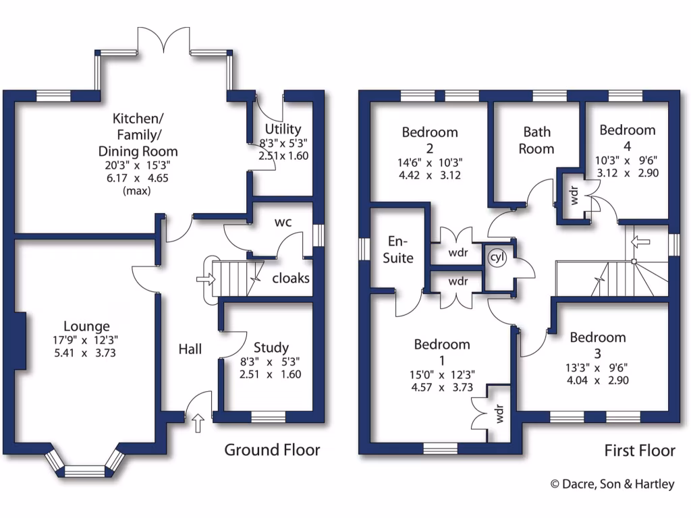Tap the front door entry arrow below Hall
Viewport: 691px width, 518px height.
pyautogui.click(x=198, y=424)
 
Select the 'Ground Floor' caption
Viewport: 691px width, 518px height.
pyautogui.click(x=272, y=449)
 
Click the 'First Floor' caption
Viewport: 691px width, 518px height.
pyautogui.click(x=639, y=450)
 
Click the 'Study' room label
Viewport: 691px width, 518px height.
pyautogui.click(x=271, y=347)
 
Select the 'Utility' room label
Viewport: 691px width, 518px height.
pyautogui.click(x=283, y=129)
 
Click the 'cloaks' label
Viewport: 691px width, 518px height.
pyautogui.click(x=291, y=278)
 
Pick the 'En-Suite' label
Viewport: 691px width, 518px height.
pyautogui.click(x=398, y=249)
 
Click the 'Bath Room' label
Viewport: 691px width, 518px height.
pyautogui.click(x=536, y=140)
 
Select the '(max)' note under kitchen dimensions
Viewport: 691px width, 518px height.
pyautogui.click(x=138, y=191)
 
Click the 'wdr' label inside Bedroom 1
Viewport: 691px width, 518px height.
pyautogui.click(x=500, y=417)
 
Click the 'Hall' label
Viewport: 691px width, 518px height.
pyautogui.click(x=190, y=349)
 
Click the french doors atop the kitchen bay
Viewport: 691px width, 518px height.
pyautogui.click(x=164, y=42)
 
